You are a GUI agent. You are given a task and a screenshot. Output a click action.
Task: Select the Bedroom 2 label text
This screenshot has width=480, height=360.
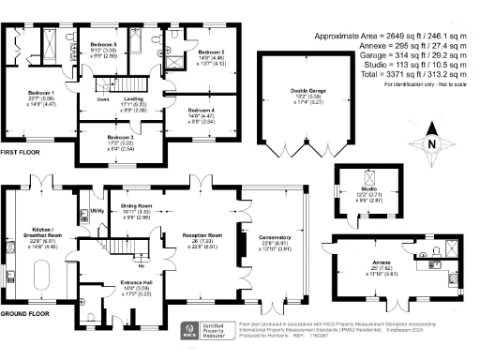pyautogui.click(x=211, y=52)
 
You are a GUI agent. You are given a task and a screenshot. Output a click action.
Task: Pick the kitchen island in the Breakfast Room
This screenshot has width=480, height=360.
pyautogui.click(x=43, y=276)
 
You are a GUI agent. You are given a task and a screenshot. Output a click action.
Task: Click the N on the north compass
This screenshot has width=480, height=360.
pyautogui.click(x=432, y=144)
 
